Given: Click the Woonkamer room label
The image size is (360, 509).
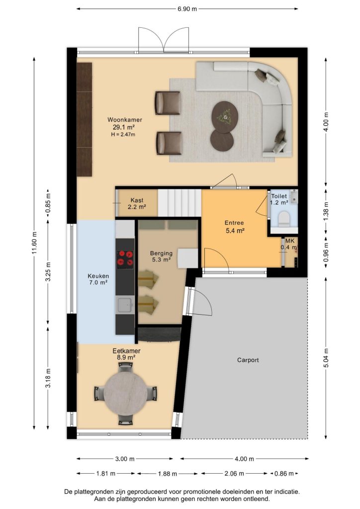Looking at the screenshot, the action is tap(125, 120).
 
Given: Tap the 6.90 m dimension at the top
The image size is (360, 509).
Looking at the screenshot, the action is tap(187, 9).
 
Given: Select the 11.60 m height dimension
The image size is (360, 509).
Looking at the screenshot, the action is tap(35, 244).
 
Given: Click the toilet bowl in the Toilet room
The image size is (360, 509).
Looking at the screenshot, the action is tap(284, 219).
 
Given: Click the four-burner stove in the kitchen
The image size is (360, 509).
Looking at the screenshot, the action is tap(125, 258).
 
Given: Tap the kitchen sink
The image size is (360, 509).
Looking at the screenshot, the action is tap(125, 305).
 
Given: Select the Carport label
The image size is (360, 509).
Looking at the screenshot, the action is tap(248, 360).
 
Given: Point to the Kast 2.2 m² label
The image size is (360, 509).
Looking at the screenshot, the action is tap(137, 203).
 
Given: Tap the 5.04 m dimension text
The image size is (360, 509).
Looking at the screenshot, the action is tap(326, 358).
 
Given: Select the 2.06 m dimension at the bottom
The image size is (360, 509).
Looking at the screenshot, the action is tap(234, 474).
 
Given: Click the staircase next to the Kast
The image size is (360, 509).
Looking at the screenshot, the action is tap(180, 203).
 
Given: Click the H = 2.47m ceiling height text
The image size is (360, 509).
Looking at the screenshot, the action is tap(123, 134).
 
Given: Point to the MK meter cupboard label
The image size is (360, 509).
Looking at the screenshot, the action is tap(290, 241).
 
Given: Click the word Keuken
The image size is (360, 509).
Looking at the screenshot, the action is tap(98, 276).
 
